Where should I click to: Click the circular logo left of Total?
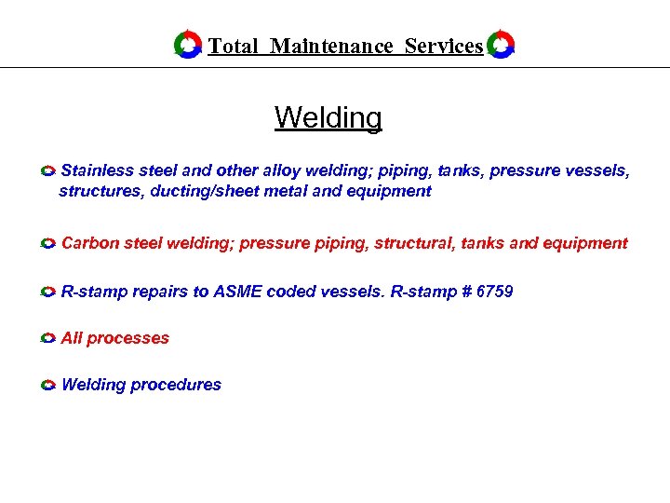pos(188,45)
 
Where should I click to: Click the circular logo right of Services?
pos(502,45)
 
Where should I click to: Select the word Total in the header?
pos(233,46)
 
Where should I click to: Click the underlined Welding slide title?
pos(328,118)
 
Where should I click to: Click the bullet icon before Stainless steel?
pos(48,171)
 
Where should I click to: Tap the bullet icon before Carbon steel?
pos(48,243)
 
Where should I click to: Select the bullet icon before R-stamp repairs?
pos(48,292)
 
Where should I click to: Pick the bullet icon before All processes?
pos(48,339)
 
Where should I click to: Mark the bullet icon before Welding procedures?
pos(48,385)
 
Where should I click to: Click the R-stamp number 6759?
pos(494,292)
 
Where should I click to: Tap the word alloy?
pos(281,170)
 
